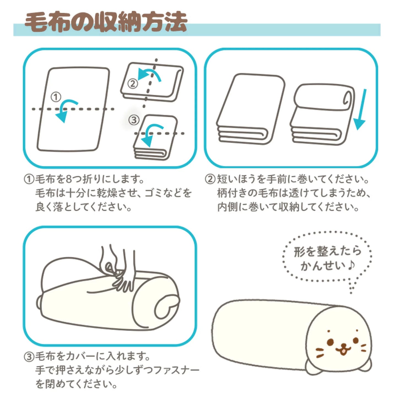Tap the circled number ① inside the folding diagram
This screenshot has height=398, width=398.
tap(56, 97)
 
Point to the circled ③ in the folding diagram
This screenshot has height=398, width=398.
tap(134, 120)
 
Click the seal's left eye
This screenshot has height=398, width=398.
tap(331, 342)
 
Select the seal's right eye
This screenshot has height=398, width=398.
tap(356, 340)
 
